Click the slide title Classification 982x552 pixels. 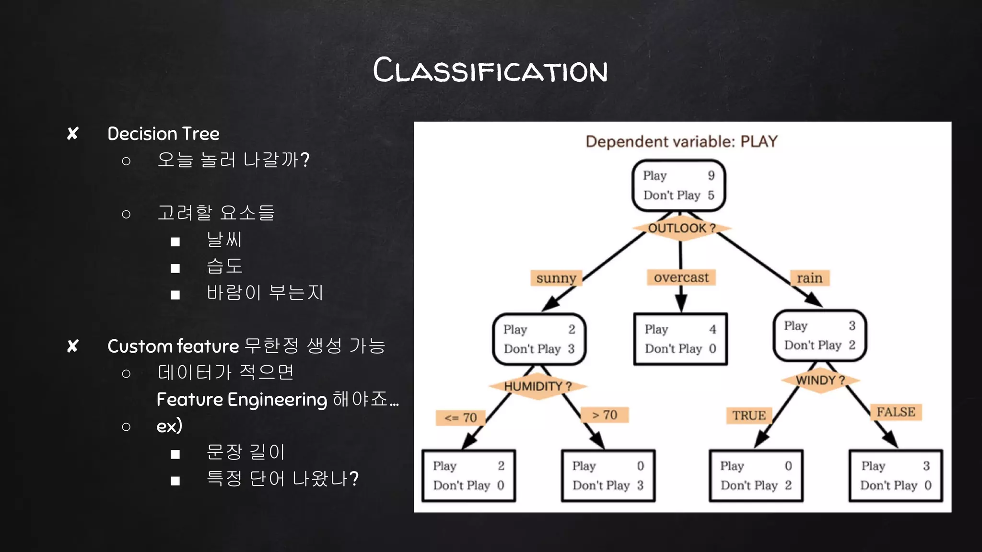(490, 70)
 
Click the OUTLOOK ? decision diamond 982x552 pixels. (681, 228)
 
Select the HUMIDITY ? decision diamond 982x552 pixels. (538, 386)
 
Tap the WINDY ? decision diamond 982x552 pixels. (820, 380)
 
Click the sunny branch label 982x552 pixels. (556, 278)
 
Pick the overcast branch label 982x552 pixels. (681, 277)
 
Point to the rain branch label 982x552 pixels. (809, 278)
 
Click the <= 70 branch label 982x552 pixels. (460, 418)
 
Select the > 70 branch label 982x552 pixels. (604, 415)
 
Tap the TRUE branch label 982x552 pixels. (749, 415)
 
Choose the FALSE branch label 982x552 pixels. (896, 412)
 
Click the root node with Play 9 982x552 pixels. (678, 185)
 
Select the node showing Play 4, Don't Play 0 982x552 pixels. (680, 339)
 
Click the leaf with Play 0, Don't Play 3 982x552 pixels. (608, 475)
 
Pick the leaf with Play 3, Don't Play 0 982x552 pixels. (896, 475)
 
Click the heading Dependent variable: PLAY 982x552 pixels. (681, 141)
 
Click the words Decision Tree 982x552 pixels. (164, 134)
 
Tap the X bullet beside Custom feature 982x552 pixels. (73, 346)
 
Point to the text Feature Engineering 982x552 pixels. (242, 400)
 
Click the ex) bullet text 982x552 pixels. (169, 425)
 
